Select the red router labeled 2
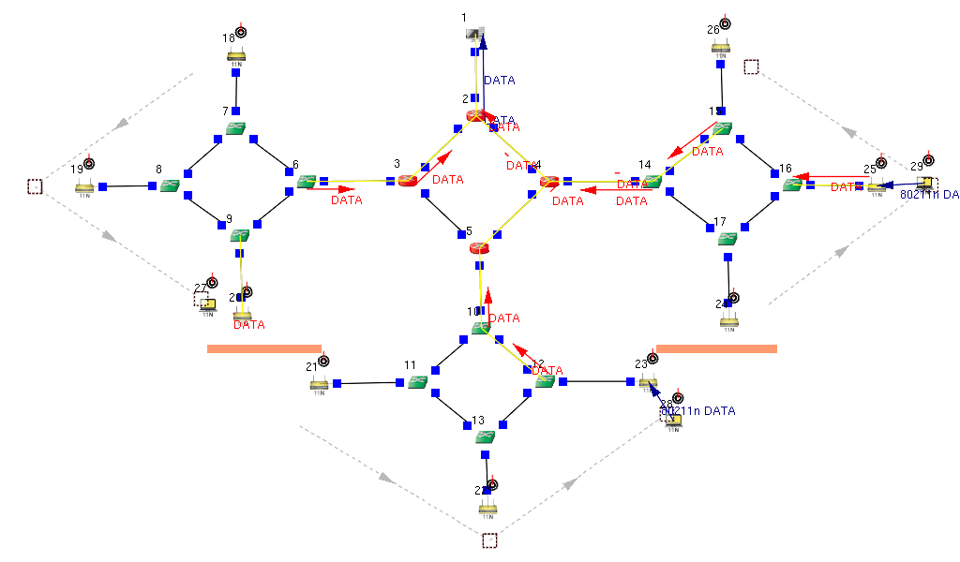pos(475,115)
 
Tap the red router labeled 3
pos(406,180)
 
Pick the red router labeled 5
pos(479,248)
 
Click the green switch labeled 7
pos(236,128)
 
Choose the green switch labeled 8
pos(170,185)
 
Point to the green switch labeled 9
pos(239,234)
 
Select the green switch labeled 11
pos(418,381)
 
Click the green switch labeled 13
pos(485,436)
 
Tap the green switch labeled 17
pos(727,238)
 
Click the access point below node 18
pos(236,56)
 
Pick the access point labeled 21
pos(319,383)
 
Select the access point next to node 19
pos(84,186)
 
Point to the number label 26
pos(713,30)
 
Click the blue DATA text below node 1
pos(499,81)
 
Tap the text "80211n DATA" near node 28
pos(697,411)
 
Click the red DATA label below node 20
pos(248,325)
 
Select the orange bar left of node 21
pos(264,348)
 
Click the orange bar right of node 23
pos(716,348)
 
